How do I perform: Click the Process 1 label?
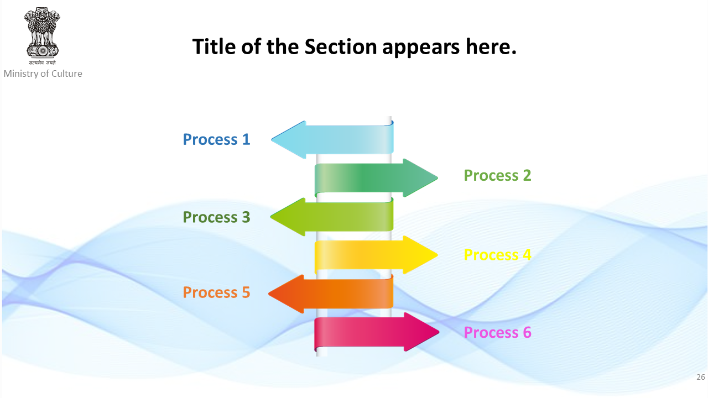216,139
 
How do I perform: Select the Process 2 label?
497,175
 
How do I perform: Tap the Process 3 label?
216,217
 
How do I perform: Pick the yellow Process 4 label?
497,255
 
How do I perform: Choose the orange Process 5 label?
216,292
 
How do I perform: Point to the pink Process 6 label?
497,332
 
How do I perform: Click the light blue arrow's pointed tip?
272,139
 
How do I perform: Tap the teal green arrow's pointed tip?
438,178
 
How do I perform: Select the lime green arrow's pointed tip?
271,217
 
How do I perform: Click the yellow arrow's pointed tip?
438,255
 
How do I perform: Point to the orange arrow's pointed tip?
269,294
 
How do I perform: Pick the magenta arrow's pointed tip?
439,332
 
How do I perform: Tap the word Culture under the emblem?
67,74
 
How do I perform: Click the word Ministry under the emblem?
20,74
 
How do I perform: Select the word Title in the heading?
214,47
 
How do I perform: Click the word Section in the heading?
340,47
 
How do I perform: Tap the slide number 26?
701,377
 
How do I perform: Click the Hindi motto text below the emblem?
42,62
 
